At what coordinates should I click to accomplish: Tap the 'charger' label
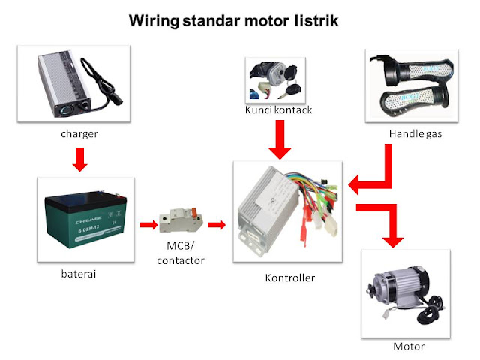(x=80, y=135)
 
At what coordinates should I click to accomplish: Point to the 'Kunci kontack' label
(x=278, y=110)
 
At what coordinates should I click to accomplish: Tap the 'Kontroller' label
(x=290, y=277)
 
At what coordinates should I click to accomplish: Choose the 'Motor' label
(x=409, y=346)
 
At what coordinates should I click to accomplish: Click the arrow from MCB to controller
(x=217, y=223)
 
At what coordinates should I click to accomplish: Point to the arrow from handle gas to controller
(x=373, y=176)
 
